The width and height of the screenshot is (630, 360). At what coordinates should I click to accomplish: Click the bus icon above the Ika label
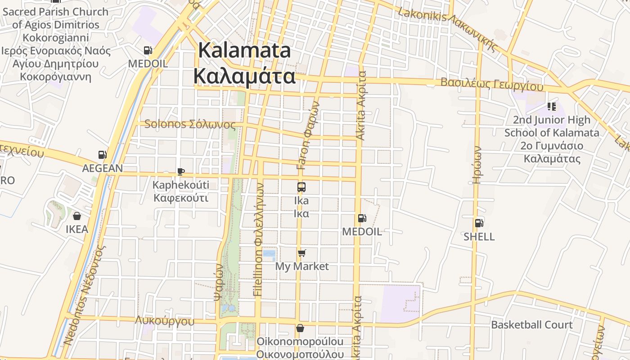[301, 187]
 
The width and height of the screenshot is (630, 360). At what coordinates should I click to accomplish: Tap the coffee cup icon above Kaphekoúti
[180, 171]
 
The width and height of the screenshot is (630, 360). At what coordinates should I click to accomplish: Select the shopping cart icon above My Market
[301, 253]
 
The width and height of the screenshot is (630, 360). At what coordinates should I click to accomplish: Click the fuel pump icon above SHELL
[479, 223]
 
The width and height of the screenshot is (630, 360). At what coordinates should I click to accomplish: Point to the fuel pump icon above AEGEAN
[103, 155]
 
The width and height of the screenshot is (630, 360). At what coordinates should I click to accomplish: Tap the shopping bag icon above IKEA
[77, 216]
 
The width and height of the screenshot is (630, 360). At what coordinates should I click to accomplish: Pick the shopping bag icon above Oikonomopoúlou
[300, 328]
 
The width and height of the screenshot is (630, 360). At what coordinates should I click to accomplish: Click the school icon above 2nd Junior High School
[551, 107]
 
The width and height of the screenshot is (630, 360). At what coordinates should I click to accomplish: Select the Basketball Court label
[532, 325]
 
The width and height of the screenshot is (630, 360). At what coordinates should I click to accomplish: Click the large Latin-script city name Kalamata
[244, 50]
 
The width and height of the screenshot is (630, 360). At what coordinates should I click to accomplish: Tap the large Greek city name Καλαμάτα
[244, 76]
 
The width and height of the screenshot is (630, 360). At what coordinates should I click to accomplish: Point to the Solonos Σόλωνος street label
[190, 124]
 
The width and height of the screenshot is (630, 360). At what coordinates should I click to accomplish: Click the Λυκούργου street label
[165, 321]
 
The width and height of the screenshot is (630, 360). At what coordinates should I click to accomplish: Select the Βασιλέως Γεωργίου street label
[492, 84]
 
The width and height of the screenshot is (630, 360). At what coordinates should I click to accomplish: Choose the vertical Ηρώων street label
[477, 164]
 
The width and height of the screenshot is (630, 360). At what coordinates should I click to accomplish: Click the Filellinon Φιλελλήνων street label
[258, 238]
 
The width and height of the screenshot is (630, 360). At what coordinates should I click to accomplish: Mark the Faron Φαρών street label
[308, 135]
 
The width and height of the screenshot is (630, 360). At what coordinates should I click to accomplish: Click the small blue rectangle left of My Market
[269, 255]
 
